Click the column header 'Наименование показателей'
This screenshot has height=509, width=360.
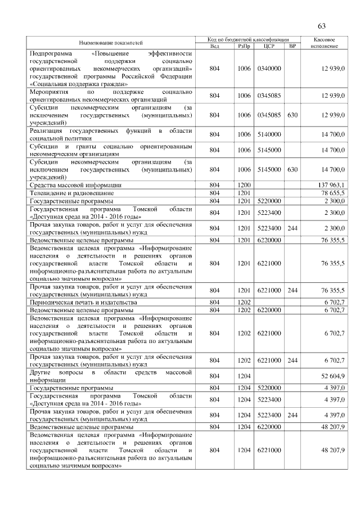click(x=111, y=43)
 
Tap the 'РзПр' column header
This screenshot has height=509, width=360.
click(x=244, y=46)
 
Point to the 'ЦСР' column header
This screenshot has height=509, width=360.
click(x=269, y=46)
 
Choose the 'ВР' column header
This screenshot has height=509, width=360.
click(x=292, y=46)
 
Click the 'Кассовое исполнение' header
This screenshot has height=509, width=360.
click(x=323, y=43)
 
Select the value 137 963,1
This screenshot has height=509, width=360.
click(x=333, y=184)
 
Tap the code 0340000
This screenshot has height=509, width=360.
click(x=269, y=68)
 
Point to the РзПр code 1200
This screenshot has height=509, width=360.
click(x=244, y=184)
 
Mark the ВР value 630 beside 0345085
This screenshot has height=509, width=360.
click(x=292, y=115)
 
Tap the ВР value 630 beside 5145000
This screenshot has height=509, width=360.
click(x=292, y=169)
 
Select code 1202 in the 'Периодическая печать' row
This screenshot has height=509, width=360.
click(x=244, y=302)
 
